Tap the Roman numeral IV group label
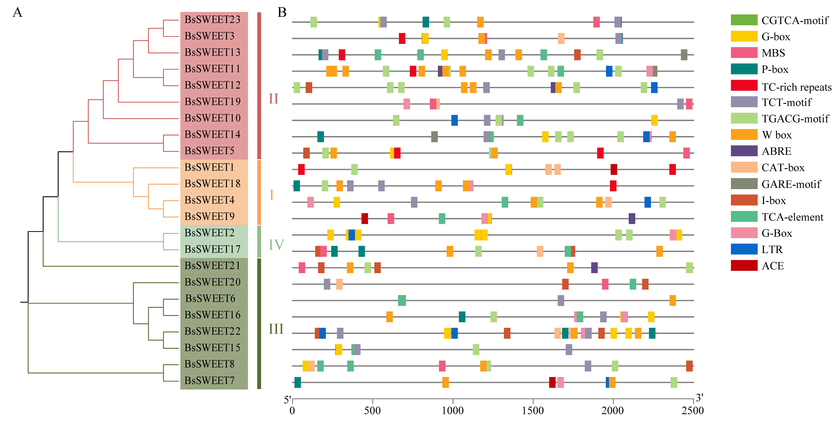[276, 245]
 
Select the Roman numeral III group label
[276, 329]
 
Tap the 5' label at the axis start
[287, 400]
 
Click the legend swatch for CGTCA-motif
[744, 20]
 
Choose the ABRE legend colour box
[744, 151]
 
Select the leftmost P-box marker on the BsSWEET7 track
[297, 382]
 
